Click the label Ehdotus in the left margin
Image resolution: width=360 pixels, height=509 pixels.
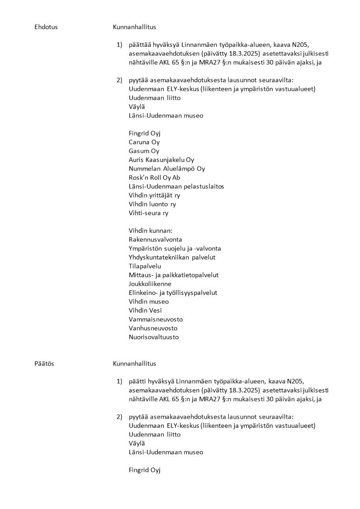(x=46, y=27)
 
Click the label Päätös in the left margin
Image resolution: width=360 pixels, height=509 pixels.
(x=44, y=364)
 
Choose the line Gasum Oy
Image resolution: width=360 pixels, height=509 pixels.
(x=144, y=151)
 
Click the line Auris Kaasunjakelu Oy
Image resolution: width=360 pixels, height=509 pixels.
(x=161, y=160)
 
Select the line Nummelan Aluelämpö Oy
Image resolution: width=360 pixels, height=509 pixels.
(x=167, y=169)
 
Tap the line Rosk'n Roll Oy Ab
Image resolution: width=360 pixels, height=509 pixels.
(x=154, y=177)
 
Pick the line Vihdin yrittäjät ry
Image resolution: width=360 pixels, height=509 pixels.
(x=154, y=196)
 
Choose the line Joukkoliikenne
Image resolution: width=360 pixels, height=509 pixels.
(x=150, y=284)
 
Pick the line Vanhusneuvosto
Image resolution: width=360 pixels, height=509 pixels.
(x=153, y=328)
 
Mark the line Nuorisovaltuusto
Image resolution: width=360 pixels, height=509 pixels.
(x=154, y=337)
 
